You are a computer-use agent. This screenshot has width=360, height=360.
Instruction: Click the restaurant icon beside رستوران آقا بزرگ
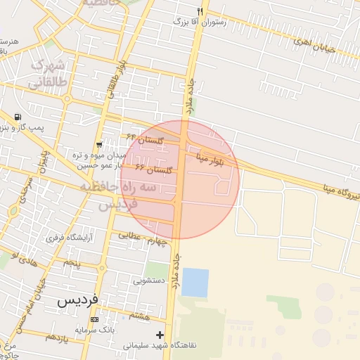(x=200, y=11)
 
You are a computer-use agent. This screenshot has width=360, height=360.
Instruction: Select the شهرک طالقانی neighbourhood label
(x=48, y=74)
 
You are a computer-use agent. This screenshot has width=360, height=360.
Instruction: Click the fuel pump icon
(x=17, y=117)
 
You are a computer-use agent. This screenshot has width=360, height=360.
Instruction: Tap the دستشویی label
(x=150, y=280)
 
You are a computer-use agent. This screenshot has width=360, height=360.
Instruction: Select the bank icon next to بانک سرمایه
(x=94, y=319)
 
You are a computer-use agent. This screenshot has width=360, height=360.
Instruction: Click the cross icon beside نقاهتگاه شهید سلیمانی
(x=160, y=335)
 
